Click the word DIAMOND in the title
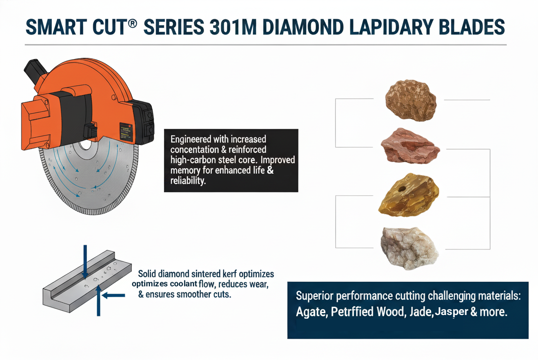(303, 27)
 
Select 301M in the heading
(233, 27)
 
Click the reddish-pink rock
(410, 146)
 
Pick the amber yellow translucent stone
(408, 195)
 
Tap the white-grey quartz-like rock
(409, 248)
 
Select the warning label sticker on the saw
(125, 132)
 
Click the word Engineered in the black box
(191, 140)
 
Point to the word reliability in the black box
(188, 180)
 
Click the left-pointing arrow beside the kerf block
(114, 295)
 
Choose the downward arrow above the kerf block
(85, 261)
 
